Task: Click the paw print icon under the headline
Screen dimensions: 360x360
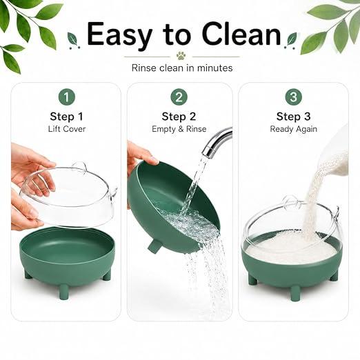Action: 181,56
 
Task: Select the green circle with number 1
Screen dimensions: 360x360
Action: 67,97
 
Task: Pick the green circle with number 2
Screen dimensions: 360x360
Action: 179,97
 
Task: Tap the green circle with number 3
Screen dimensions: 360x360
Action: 294,97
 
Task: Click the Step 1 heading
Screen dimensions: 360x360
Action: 67,117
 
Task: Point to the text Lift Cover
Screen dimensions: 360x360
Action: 67,129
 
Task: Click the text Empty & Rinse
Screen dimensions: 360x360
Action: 179,129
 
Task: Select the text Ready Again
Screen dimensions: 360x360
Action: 294,129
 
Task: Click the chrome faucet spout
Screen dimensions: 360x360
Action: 216,141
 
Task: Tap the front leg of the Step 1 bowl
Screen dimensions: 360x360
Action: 63,291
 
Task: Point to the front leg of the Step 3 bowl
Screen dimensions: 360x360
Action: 295,293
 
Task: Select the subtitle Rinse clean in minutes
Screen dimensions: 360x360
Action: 182,68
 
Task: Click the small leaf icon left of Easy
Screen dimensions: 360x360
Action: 72,40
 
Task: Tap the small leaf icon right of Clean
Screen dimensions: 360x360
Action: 291,40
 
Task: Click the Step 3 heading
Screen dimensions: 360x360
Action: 294,117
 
